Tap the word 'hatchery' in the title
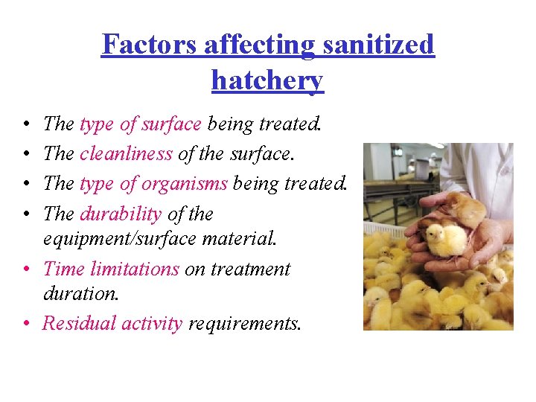pyautogui.click(x=267, y=80)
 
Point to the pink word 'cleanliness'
pyautogui.click(x=126, y=154)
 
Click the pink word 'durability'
pyautogui.click(x=120, y=214)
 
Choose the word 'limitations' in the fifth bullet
pyautogui.click(x=137, y=269)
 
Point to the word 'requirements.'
pyautogui.click(x=245, y=323)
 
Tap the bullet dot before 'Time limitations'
pyautogui.click(x=25, y=269)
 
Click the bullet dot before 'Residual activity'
pyautogui.click(x=25, y=324)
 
